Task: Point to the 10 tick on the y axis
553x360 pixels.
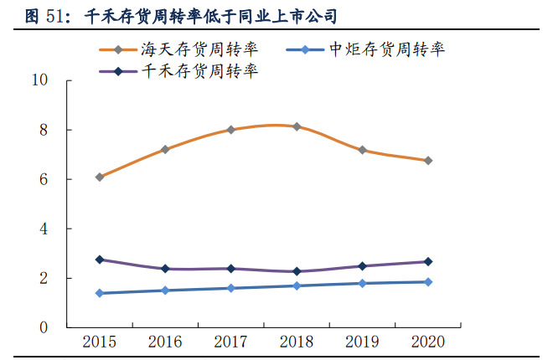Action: pos(39,80)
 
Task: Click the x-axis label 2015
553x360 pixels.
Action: pos(99,342)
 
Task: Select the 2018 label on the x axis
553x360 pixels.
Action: pos(297,342)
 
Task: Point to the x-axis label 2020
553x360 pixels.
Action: pos(428,342)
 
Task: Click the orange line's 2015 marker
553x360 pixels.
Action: pos(100,177)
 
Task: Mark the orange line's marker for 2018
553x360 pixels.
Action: pos(297,126)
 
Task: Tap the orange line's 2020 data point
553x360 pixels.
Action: pos(428,160)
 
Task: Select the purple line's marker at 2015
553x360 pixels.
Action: pos(100,260)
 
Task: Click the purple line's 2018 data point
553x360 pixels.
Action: pos(297,271)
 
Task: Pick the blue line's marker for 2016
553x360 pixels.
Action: pos(165,291)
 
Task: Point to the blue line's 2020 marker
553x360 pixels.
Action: pos(428,282)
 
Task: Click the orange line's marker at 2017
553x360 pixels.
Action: pos(231,130)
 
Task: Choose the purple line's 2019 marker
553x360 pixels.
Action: pos(363,266)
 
